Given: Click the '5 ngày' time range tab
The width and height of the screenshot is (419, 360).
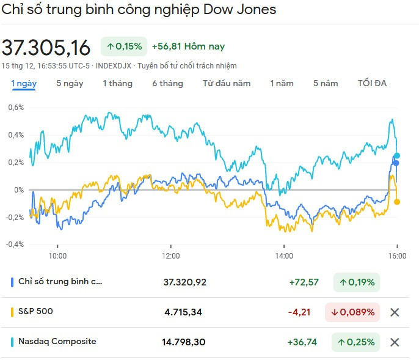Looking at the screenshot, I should (70, 84).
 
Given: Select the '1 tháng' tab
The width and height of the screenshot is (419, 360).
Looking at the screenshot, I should (117, 84).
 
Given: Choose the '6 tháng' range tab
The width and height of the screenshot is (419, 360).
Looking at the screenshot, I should (167, 84).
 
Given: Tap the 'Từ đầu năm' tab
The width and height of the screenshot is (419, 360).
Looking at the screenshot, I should (227, 84).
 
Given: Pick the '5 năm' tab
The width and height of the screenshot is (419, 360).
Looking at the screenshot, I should (326, 84).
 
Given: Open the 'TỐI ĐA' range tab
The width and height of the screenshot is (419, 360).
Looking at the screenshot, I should (372, 84).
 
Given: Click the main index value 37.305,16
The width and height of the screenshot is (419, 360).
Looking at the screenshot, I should (46, 48).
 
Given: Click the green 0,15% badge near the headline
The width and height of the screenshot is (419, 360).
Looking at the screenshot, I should (125, 46).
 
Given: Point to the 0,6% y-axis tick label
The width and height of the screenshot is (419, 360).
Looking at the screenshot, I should (15, 108).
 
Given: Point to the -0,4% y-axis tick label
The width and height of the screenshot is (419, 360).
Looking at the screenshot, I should (14, 244).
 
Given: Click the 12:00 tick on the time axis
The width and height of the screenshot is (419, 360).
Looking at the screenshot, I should (170, 255).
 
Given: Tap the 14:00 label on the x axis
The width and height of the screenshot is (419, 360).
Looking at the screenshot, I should (284, 255).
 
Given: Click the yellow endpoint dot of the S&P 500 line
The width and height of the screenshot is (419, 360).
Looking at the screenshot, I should (397, 202).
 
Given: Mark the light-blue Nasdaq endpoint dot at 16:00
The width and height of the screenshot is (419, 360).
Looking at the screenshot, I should (397, 156).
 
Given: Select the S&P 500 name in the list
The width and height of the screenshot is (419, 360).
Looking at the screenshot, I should (35, 312).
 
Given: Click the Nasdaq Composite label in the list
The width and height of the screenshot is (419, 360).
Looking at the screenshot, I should (57, 342).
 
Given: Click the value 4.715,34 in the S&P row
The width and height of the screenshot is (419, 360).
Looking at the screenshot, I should (183, 312).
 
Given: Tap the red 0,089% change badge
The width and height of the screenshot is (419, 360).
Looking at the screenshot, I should (352, 312).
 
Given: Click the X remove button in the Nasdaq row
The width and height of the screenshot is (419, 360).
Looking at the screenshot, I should (395, 342).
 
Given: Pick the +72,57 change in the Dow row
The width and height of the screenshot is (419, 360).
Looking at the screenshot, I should (304, 282).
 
